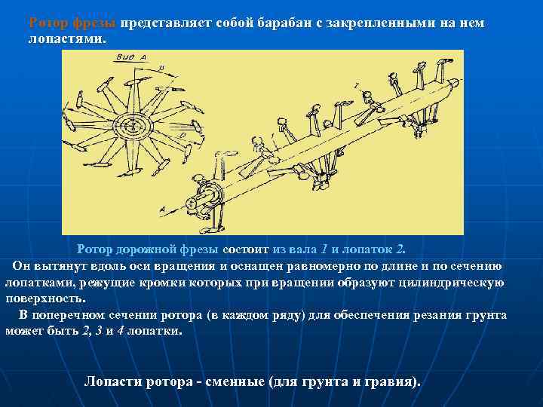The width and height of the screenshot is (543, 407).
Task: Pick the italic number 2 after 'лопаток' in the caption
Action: tap(400, 249)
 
